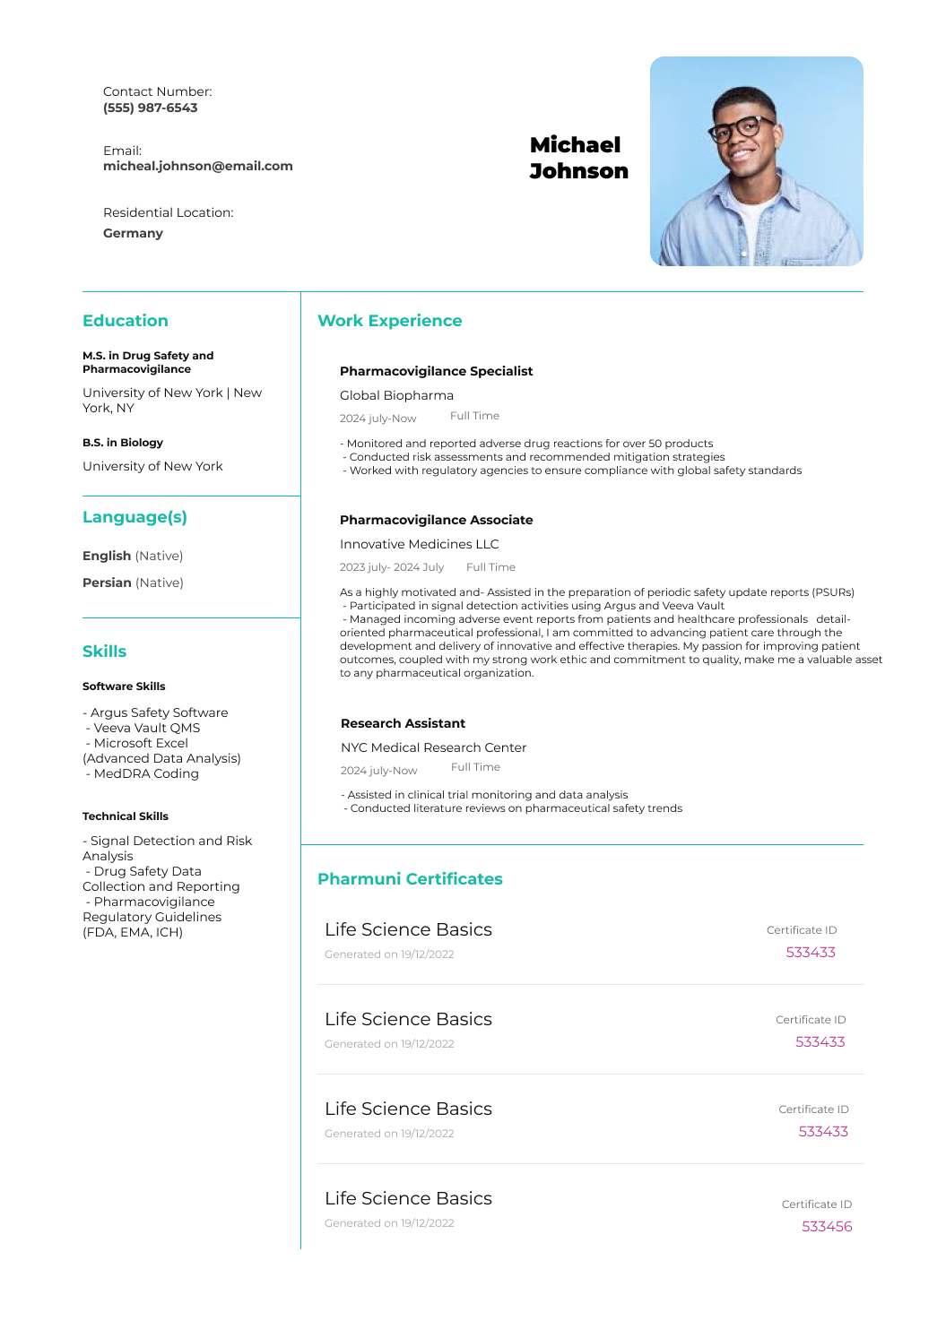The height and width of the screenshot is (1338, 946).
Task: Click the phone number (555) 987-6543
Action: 150,108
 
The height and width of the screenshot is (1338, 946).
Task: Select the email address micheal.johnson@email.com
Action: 197,166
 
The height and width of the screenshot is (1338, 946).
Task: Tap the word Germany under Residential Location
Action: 133,233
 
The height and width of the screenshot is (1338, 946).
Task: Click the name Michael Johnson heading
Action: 578,158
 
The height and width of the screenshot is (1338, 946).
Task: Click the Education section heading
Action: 125,321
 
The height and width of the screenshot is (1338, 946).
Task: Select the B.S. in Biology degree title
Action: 123,443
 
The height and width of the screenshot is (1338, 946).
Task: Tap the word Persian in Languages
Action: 107,583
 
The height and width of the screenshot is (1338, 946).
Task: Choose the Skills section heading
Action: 104,652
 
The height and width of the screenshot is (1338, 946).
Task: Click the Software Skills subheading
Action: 124,686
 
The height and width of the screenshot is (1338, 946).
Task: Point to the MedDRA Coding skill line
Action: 145,773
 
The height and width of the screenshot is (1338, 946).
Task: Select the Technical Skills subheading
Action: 125,816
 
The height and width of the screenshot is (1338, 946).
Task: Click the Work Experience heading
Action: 389,321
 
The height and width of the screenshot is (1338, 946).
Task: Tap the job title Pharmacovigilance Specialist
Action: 436,371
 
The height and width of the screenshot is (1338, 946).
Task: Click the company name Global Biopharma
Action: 396,395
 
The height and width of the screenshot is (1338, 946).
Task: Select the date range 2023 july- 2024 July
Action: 391,567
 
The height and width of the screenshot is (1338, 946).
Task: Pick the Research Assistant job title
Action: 403,723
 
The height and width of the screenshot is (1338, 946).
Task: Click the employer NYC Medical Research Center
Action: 433,747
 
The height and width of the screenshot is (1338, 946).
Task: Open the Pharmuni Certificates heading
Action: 410,879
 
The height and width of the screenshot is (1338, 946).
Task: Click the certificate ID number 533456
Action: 827,1226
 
